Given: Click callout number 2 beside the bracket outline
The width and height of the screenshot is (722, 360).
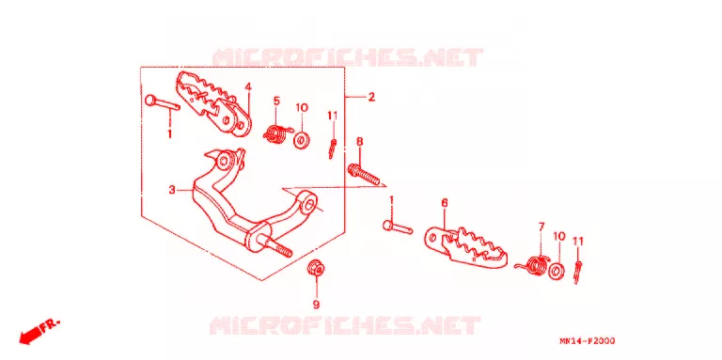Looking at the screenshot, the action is click(x=371, y=97).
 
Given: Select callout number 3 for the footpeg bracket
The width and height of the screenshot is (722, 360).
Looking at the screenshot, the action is click(x=172, y=189).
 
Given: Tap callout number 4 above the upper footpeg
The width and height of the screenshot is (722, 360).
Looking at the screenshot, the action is click(x=248, y=86).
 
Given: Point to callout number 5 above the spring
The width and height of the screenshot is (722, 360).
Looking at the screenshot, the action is click(x=276, y=101).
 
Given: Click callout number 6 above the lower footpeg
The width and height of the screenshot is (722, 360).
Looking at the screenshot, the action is click(x=445, y=202).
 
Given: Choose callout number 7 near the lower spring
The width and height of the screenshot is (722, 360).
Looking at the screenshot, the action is click(x=541, y=226).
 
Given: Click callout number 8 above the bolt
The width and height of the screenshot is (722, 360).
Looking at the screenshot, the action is click(x=360, y=141).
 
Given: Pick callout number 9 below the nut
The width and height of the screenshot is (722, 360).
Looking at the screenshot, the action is click(x=316, y=305).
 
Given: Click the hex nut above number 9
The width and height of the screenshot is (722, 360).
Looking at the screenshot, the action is click(x=315, y=268).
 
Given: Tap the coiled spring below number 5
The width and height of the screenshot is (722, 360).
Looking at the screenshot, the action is click(x=276, y=133).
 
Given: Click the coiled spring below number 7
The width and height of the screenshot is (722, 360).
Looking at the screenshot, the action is click(x=534, y=266).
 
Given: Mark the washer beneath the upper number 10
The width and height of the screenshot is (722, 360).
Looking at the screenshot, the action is click(x=301, y=140).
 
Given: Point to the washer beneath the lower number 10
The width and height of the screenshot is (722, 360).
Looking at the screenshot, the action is click(x=557, y=271).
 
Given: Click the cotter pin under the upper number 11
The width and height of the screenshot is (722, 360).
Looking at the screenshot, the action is click(x=332, y=149).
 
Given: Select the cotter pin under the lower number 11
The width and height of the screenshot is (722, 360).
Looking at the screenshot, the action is click(x=577, y=273).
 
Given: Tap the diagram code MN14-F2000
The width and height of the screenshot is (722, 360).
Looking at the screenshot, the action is click(x=587, y=341).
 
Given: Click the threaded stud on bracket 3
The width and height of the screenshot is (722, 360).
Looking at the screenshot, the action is click(x=279, y=246).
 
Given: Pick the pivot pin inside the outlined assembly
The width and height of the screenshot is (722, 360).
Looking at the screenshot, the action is click(x=162, y=103).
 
